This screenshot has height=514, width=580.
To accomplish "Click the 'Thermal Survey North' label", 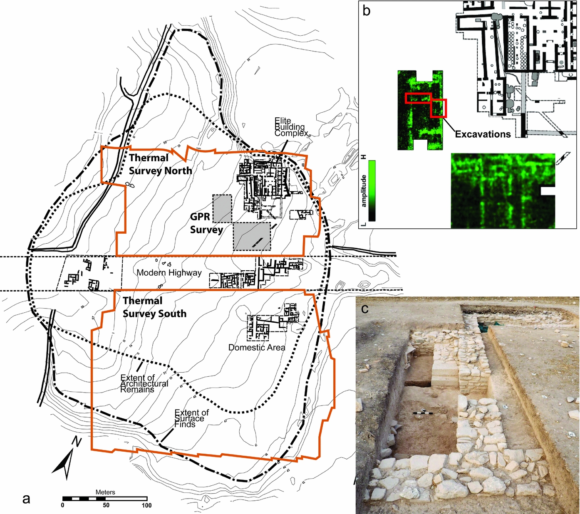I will coord(160,164).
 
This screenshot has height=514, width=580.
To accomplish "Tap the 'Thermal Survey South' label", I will coord(154,307).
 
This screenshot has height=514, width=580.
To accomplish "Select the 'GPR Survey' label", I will coord(206,223).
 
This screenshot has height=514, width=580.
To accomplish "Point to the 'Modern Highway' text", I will coord(169,273).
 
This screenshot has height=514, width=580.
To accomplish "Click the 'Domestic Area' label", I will coord(257,348).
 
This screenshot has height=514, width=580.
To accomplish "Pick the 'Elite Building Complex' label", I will coord(290,127).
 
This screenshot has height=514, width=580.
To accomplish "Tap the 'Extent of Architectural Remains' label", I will coord(144,383).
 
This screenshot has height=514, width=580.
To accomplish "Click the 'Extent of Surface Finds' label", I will coord(191,418).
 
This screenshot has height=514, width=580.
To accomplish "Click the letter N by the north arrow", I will coord(76,441).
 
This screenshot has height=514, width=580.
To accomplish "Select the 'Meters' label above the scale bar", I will coord(105,492).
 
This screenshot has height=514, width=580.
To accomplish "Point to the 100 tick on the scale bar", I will coord(146,505).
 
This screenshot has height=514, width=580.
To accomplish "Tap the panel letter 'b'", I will coord(366,10).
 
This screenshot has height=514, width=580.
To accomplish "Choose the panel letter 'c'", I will coord(365,309).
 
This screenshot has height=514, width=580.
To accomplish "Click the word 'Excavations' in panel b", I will coord(483,134).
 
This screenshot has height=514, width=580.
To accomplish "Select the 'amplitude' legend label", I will coord(364,191).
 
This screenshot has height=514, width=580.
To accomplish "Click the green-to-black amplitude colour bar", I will coord(372,190).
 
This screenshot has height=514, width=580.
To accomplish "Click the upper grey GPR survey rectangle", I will coord(222,208).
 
